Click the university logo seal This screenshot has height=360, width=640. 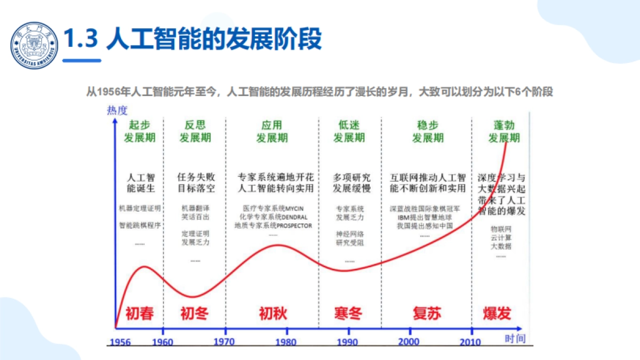click(35, 45)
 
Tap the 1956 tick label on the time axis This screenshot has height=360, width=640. click(119, 342)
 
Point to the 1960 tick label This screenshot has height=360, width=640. click(163, 342)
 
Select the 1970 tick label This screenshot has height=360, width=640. click(225, 342)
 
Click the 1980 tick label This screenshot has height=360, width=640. click(286, 342)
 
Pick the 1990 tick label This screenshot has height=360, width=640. click(348, 342)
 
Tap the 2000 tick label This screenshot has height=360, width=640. click(410, 342)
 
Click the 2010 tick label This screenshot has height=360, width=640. click(470, 342)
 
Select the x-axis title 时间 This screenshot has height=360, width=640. click(515, 338)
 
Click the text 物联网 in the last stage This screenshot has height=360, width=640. click(500, 228)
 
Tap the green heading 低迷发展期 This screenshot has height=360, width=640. click(349, 131)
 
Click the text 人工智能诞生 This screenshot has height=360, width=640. click(140, 183)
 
